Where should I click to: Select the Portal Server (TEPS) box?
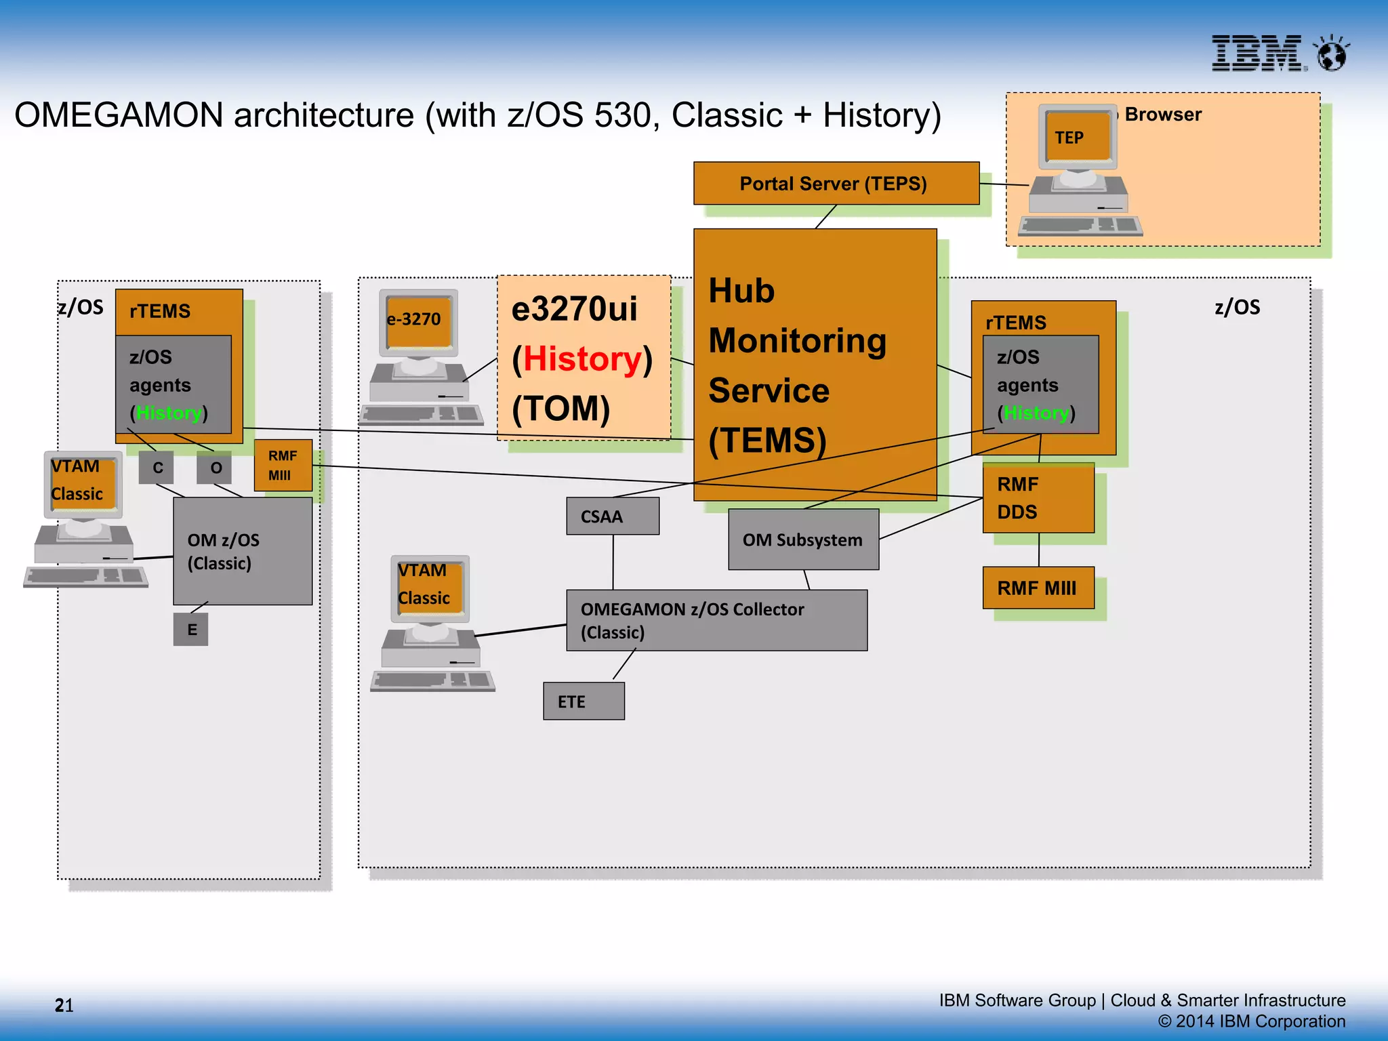[x=836, y=183]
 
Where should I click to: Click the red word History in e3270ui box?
[x=582, y=359]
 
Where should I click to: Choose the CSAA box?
[x=612, y=516]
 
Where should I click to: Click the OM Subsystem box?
[x=803, y=539]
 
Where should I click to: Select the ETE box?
[x=584, y=701]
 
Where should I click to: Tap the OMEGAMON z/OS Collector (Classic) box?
[x=716, y=620]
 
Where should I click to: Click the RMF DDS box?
[x=1038, y=498]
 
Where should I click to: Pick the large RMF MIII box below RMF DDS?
[x=1038, y=588]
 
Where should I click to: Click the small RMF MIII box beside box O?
[x=283, y=466]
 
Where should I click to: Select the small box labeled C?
[x=157, y=468]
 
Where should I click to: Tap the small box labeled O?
[x=215, y=468]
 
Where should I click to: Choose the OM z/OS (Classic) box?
[x=242, y=551]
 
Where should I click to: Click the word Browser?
[x=1162, y=115]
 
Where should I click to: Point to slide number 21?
[x=64, y=1005]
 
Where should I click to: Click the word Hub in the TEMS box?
[x=741, y=291]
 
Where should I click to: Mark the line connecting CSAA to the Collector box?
[x=613, y=562]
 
